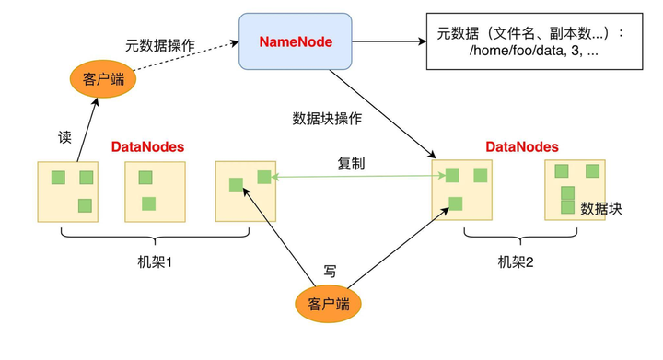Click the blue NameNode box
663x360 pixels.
tap(296, 42)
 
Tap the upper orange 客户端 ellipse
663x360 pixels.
tap(103, 79)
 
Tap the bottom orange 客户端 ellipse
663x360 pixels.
tap(328, 304)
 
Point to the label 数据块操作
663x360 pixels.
tap(327, 119)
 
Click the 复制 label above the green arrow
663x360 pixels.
tap(351, 163)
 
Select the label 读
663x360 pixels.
tap(64, 137)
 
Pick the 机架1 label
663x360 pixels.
tap(155, 262)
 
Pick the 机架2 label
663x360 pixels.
tap(516, 262)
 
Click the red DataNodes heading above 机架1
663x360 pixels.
tap(147, 146)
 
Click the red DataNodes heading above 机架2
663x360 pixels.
tap(521, 146)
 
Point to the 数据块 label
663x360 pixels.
tap(601, 209)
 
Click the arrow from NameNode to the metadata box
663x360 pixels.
tap(389, 41)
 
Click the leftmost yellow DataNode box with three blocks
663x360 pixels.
tap(67, 192)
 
